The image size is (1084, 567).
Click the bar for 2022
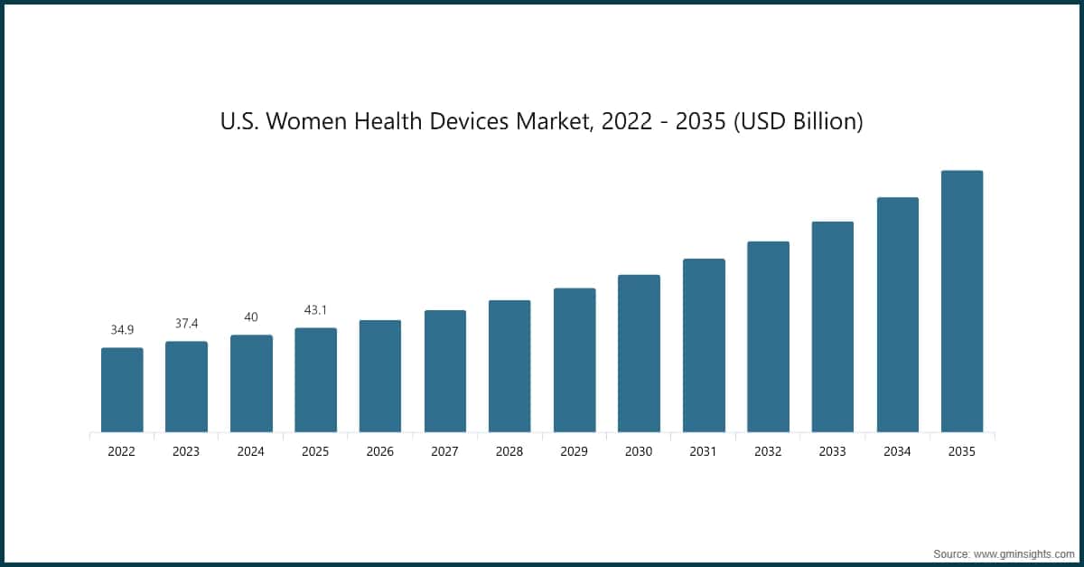point(122,390)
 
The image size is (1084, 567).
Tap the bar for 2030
point(639,354)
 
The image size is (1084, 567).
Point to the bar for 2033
point(833,326)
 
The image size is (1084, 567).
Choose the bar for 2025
point(315,380)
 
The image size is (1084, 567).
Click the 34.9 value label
point(122,330)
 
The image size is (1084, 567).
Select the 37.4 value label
point(186,324)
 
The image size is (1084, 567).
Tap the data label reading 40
point(251,317)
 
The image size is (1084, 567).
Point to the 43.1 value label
point(315,310)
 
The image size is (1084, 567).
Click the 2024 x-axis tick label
point(251,451)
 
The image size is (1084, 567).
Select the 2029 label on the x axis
point(575,451)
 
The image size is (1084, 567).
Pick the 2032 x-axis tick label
point(768,451)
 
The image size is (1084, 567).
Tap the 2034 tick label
point(897,451)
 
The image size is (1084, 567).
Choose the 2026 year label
point(380,451)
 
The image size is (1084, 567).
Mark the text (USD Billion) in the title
point(798,121)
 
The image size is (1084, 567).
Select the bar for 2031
point(704,345)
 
